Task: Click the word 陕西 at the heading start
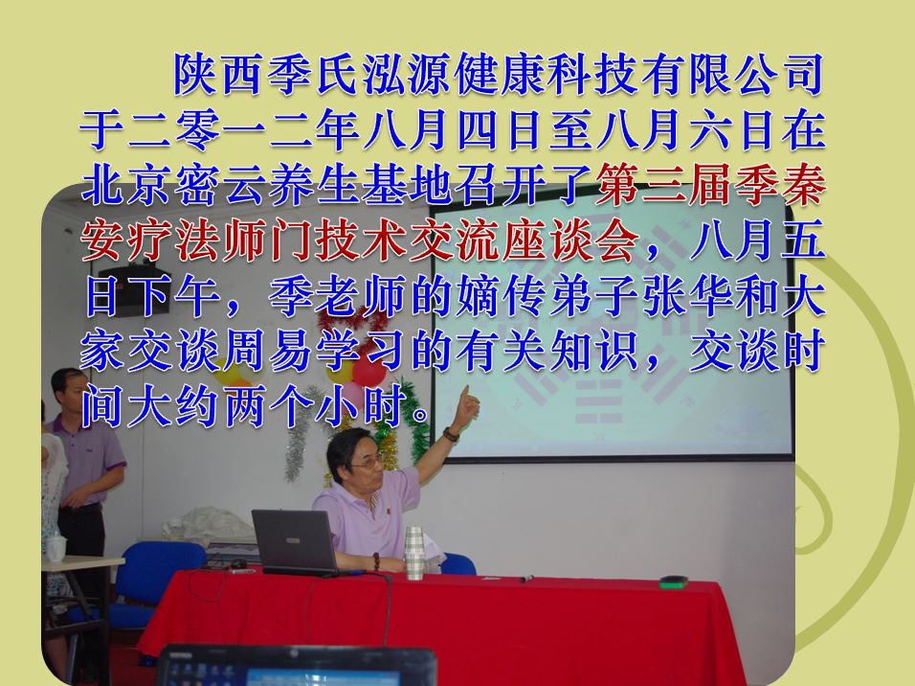[x=217, y=74]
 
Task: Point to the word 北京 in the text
[x=124, y=186]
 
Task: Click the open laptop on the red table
[x=295, y=542]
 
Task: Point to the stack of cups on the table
[x=413, y=553]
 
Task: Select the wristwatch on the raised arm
[x=451, y=434]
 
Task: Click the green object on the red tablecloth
[x=673, y=582]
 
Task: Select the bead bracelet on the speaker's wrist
[x=377, y=563]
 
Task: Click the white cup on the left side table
[x=56, y=547]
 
